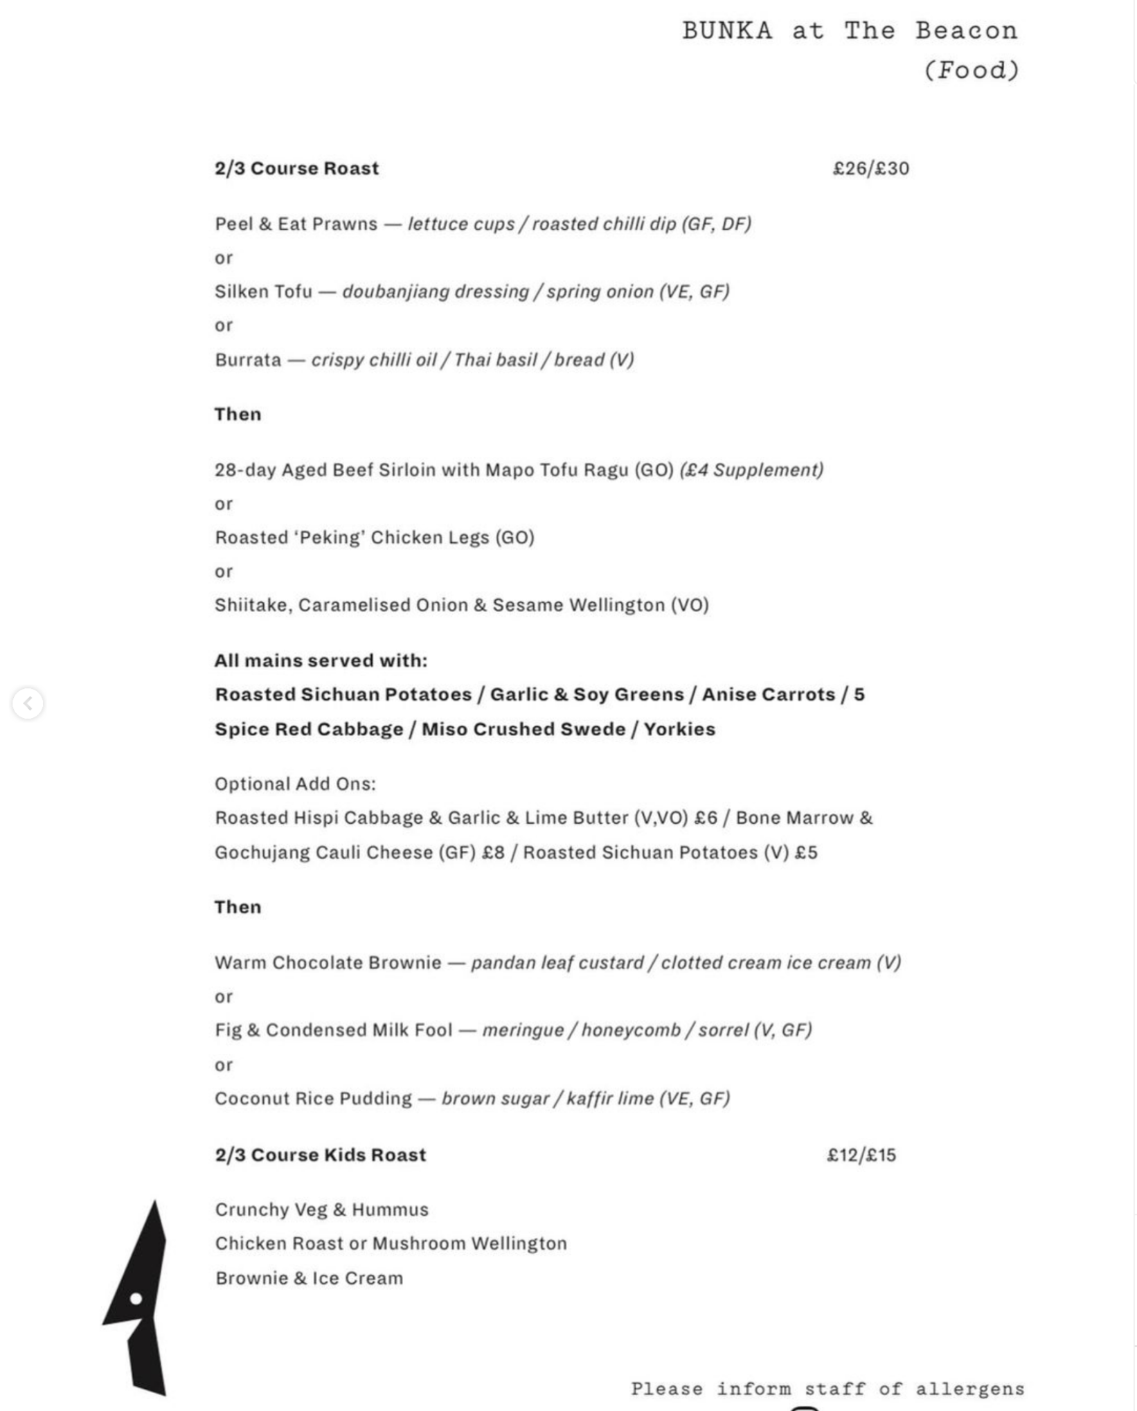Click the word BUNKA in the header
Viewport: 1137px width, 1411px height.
726,31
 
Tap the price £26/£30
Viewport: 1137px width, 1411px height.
870,168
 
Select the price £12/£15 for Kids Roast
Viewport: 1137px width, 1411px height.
861,1155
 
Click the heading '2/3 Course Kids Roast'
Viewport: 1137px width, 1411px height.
320,1155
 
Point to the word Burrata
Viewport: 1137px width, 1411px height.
248,360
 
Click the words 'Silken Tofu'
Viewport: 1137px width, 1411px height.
263,291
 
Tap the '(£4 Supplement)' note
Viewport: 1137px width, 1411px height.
751,470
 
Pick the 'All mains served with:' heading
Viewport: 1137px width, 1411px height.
321,660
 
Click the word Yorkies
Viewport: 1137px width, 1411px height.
679,729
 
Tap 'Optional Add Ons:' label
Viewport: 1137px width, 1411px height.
295,784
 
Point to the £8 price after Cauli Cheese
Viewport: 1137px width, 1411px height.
493,852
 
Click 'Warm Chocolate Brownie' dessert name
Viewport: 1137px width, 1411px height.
328,962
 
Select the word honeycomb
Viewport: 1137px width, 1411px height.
631,1030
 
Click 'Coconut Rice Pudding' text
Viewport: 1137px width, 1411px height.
313,1099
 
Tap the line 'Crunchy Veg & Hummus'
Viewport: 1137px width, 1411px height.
321,1210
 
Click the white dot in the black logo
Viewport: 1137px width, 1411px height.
136,1298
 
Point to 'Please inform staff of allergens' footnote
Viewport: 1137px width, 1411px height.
827,1389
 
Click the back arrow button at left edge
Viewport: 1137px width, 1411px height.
28,703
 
